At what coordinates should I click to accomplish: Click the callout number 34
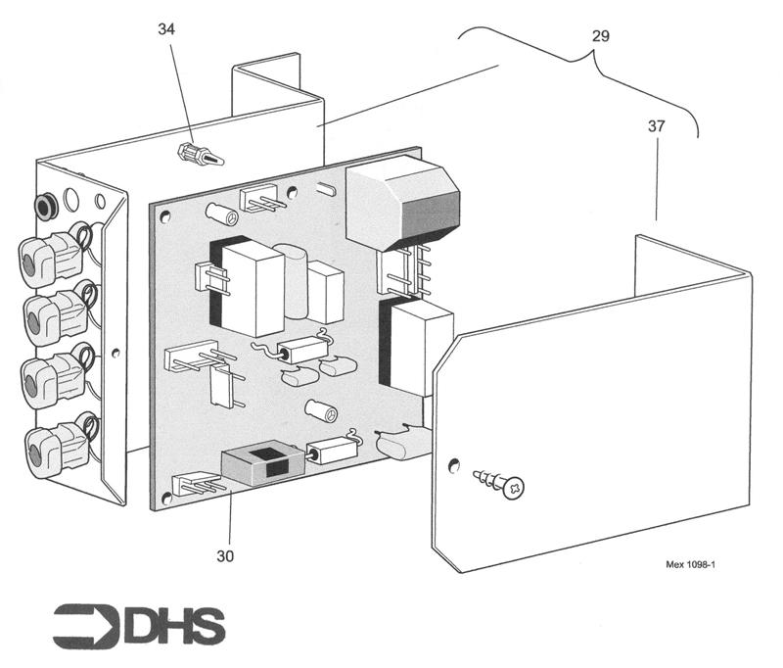point(167,29)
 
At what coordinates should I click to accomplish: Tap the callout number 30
point(226,554)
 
